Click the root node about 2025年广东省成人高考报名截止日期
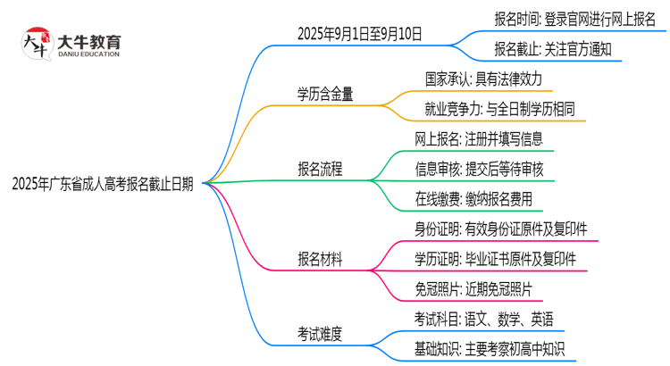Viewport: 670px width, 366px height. click(102, 184)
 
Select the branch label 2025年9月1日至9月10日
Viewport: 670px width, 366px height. click(360, 35)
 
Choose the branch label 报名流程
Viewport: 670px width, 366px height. click(320, 169)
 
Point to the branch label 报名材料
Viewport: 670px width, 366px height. click(320, 259)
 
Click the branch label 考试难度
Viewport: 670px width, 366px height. click(320, 334)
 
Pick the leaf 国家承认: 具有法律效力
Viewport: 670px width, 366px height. click(484, 79)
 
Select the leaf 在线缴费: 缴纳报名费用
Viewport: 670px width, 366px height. click(473, 199)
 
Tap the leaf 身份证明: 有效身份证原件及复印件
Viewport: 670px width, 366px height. click(500, 229)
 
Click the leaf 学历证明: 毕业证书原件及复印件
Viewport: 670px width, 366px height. click(500, 259)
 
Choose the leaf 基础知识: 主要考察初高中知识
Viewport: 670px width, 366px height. click(490, 349)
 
